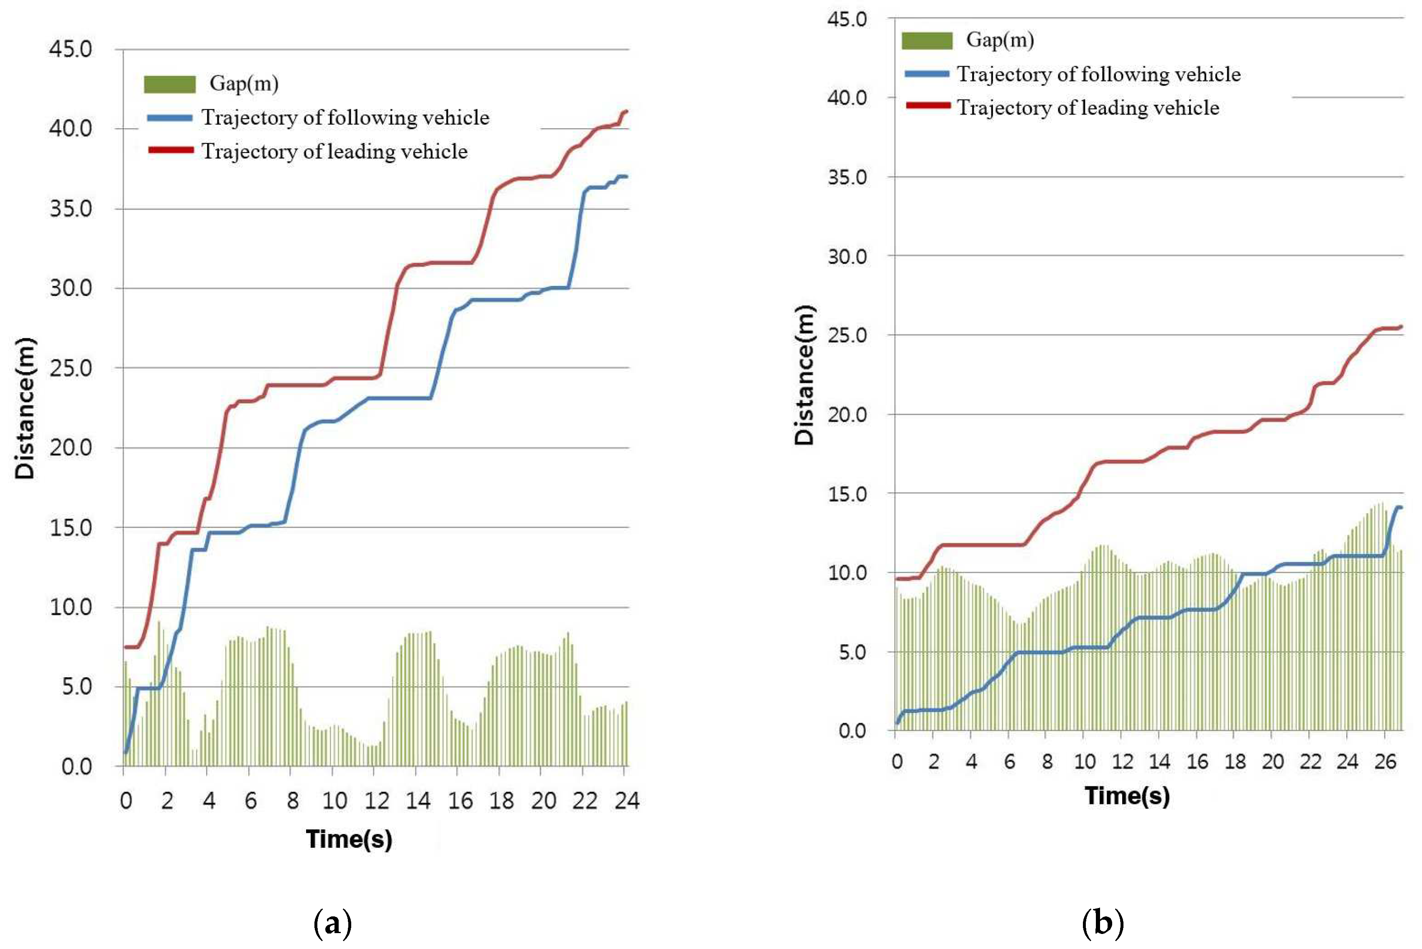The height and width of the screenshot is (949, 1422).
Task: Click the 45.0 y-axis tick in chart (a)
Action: pyautogui.click(x=70, y=50)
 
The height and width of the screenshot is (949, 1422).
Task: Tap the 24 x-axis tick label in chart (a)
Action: pyautogui.click(x=627, y=801)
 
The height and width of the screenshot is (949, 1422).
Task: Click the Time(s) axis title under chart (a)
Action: pyautogui.click(x=349, y=839)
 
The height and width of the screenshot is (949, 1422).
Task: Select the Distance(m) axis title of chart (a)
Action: pyautogui.click(x=26, y=408)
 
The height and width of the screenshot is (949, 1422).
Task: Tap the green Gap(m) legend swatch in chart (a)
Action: pyautogui.click(x=169, y=84)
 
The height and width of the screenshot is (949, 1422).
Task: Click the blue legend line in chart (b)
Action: pyautogui.click(x=927, y=74)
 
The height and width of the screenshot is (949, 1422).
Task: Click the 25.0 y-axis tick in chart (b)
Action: pyautogui.click(x=847, y=335)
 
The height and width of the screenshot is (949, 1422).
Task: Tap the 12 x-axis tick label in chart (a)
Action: pyautogui.click(x=377, y=801)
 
